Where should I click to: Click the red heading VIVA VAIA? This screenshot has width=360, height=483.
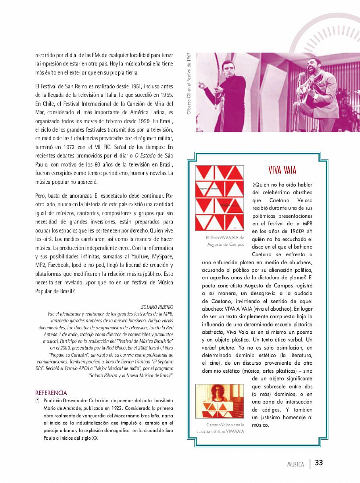click(x=282, y=170)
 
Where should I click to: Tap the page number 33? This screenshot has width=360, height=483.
click(x=319, y=463)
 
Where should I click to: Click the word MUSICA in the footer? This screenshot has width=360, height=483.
click(x=295, y=464)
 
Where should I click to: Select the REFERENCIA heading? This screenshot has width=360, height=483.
click(x=51, y=393)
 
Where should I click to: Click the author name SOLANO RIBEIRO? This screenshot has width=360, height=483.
click(x=157, y=307)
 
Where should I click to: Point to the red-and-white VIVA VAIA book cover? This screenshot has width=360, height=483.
click(x=219, y=198)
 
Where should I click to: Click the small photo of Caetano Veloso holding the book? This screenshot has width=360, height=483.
click(x=219, y=401)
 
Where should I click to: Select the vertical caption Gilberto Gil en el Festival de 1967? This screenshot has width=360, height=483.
click(x=189, y=83)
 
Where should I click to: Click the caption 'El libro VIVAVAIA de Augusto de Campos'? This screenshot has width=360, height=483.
click(x=225, y=241)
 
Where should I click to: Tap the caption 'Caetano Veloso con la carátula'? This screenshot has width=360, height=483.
click(x=220, y=428)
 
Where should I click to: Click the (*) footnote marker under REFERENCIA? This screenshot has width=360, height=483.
click(x=37, y=401)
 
